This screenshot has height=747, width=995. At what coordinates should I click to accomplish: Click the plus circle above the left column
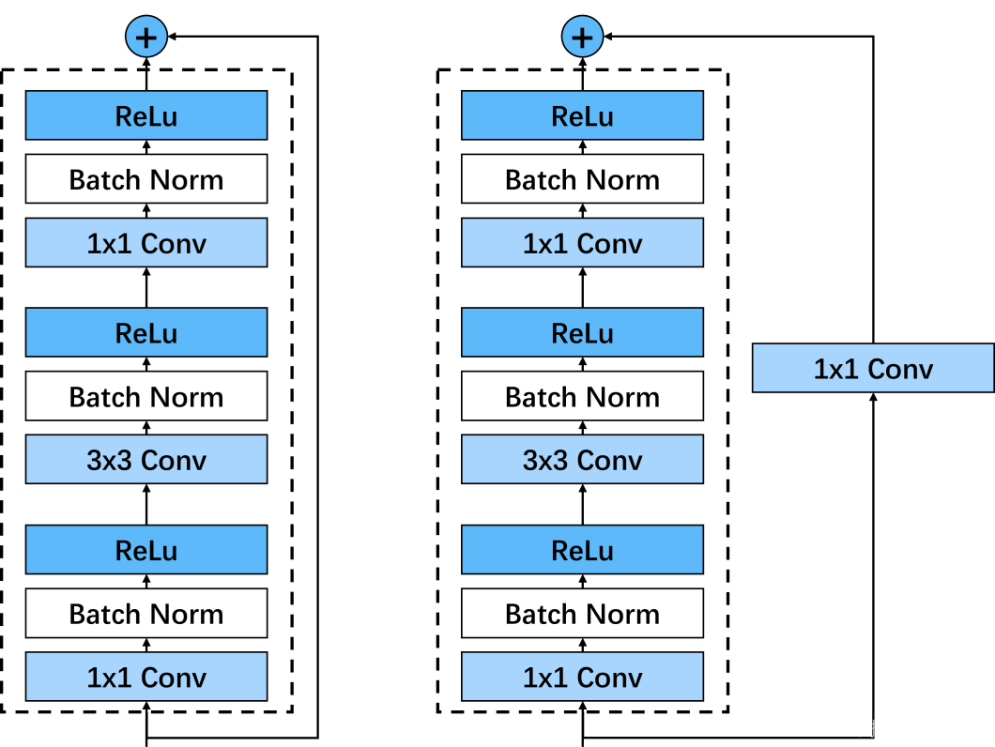tap(146, 38)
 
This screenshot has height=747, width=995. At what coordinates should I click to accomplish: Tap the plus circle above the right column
tap(582, 38)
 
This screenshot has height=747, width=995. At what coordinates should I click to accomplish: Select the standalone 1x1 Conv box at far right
tap(873, 368)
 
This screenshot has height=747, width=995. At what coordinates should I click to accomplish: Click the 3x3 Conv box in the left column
tap(146, 460)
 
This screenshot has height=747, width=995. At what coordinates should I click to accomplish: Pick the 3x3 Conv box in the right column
tap(582, 460)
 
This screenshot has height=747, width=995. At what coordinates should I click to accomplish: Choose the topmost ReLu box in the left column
tap(146, 115)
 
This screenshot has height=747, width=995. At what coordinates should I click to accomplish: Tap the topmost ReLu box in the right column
tap(582, 115)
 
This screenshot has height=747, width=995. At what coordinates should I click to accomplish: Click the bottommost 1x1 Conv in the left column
tap(146, 677)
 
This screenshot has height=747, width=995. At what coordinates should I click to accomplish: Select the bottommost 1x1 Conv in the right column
tap(582, 677)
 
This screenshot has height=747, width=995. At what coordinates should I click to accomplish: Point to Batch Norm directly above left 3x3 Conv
tap(146, 396)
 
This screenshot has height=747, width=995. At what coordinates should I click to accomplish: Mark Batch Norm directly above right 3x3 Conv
tap(582, 396)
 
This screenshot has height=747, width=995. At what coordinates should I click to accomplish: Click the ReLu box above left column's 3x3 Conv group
tap(146, 332)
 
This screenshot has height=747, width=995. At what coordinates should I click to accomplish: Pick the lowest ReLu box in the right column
tap(582, 550)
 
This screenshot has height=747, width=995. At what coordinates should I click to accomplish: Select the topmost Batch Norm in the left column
tap(146, 179)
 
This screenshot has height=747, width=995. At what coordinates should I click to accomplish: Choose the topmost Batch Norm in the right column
tap(582, 179)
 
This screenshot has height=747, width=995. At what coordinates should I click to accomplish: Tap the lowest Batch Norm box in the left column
tap(146, 614)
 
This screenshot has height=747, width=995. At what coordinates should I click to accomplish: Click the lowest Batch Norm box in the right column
tap(582, 614)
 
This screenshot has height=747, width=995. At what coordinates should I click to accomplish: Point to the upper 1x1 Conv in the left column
tap(146, 243)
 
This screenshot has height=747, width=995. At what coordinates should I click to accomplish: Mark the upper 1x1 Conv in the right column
tap(582, 243)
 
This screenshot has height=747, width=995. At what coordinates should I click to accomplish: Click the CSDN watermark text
tap(872, 728)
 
